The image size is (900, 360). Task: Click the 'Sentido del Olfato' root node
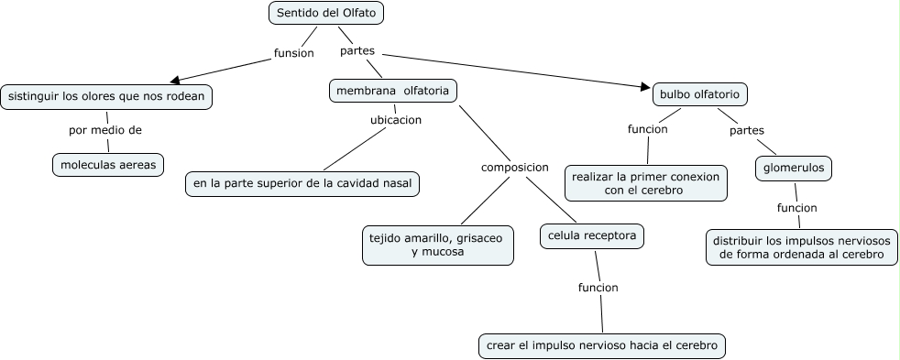(326, 13)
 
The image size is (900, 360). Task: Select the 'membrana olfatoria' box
(392, 91)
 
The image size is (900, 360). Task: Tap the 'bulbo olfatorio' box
(700, 93)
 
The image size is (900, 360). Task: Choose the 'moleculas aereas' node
(107, 165)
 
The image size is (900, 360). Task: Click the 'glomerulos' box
(794, 168)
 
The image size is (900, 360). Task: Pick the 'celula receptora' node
(591, 235)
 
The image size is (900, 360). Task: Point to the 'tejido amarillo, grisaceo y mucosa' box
(437, 245)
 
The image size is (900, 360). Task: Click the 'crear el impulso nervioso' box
(602, 345)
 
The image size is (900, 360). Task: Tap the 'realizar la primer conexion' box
(646, 182)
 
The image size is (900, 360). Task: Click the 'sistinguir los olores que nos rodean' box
(106, 96)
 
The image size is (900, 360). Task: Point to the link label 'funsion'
(293, 53)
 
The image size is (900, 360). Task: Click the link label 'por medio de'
(105, 130)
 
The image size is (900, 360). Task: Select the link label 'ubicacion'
(395, 120)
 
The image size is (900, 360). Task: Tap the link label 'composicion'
(514, 168)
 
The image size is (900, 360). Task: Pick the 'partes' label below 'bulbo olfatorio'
(746, 130)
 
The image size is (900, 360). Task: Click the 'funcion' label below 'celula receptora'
(598, 288)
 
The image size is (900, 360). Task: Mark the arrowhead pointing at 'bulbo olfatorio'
(644, 88)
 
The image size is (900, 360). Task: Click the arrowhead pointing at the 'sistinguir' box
(174, 80)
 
